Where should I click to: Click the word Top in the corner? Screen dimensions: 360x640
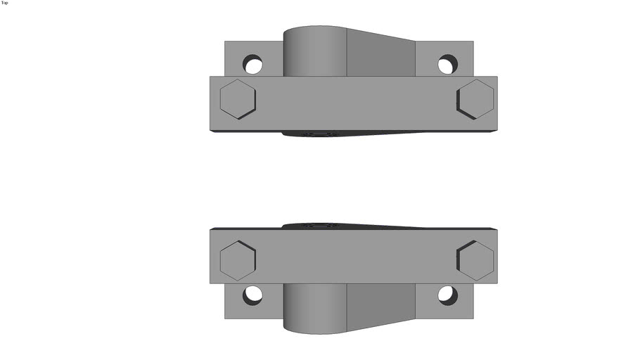[x=5, y=3]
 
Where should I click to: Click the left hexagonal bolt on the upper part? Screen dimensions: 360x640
[x=238, y=99]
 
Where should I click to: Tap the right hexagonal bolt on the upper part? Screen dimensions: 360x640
[x=475, y=99]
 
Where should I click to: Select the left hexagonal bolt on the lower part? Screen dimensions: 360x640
[x=238, y=259]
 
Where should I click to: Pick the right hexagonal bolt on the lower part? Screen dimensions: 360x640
[x=475, y=259]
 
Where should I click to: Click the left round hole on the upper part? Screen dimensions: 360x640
[x=252, y=65]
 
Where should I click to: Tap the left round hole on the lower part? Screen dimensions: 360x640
[x=252, y=295]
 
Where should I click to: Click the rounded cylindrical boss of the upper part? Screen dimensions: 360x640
[x=315, y=52]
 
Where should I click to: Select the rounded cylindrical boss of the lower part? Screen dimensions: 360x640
[x=315, y=307]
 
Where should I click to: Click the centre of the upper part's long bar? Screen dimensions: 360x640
[x=353, y=103]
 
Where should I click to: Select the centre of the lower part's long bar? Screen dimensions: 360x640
[x=353, y=256]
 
